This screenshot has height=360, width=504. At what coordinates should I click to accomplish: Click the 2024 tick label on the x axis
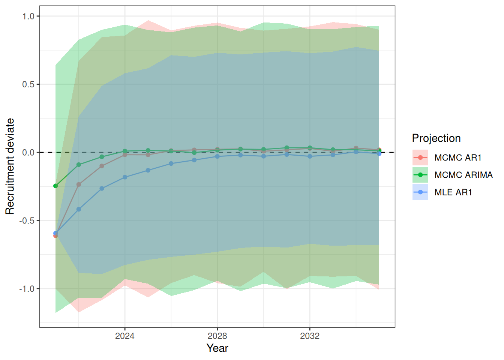pos(125,336)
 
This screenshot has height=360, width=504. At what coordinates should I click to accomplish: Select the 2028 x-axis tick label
pos(217,336)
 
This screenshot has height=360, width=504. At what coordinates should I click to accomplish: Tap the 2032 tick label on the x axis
pos(310,336)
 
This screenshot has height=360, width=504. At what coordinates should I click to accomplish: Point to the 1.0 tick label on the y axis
pos(28,16)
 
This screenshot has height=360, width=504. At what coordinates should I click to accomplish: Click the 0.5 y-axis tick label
pos(28,84)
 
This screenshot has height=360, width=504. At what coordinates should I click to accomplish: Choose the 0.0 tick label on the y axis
pos(28,153)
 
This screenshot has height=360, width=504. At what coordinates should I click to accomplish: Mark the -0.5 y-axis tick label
pos(27,221)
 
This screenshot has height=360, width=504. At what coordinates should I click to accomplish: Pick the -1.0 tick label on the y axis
pos(27,289)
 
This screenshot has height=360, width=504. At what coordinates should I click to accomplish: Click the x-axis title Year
pos(217,348)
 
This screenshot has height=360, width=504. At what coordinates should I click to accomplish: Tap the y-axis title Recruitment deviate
pos(10,166)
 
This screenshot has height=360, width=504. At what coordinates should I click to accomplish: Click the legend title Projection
pos(436,138)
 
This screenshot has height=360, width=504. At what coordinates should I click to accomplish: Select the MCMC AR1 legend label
pos(458,158)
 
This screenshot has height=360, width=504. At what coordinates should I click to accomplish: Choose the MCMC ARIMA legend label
pos(463,175)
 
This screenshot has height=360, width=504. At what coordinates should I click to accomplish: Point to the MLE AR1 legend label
pos(453,192)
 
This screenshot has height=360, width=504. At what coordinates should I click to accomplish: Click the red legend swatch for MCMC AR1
pos(420,158)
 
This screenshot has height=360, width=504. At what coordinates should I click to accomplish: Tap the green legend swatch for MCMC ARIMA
pos(420,175)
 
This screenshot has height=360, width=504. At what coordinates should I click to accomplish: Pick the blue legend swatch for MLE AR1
pos(420,192)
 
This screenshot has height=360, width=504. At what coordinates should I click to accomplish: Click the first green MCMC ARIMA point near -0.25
pos(55,186)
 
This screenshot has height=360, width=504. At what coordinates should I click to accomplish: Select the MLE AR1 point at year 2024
pos(125,177)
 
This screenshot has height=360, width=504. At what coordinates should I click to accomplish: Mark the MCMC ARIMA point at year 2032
pos(310,148)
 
